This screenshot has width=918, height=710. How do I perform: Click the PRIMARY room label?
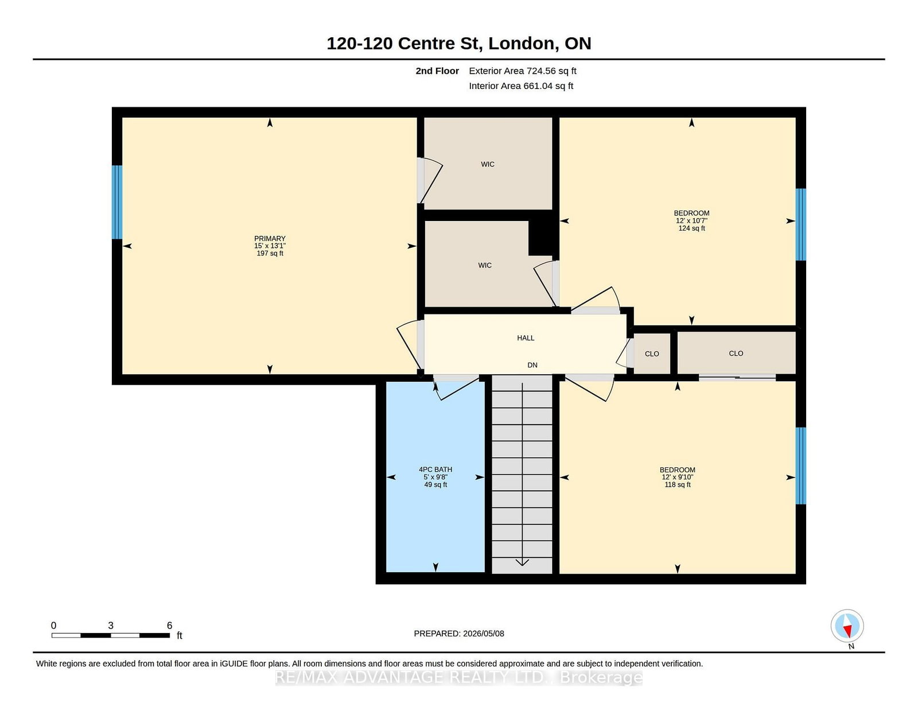pos(270,238)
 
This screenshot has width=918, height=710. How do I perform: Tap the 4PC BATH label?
pos(435,469)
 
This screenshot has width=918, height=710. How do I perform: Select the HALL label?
pos(526,337)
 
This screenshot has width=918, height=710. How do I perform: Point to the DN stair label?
pos(532,364)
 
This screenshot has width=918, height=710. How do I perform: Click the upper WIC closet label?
pos(488,164)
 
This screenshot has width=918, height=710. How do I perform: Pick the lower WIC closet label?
pos(485,265)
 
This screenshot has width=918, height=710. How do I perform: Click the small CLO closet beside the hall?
pos(652,354)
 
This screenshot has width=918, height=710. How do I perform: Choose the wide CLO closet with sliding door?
pos(736,354)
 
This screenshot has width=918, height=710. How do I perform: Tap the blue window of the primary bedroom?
pos(117,202)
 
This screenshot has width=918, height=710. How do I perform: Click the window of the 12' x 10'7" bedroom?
pos(800,224)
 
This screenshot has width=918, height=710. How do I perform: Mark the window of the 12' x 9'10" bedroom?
pos(800,465)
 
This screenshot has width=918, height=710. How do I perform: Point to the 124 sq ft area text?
pos(691,228)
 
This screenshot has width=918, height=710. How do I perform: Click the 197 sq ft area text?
pos(270,253)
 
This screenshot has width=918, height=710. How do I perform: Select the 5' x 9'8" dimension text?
pos(435,477)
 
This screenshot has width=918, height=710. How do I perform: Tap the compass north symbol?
pos(847,626)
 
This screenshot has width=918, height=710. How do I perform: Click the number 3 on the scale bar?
pos(111,626)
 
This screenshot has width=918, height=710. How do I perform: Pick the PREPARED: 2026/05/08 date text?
pos(459,634)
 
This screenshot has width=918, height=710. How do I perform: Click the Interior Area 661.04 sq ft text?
pos(521,86)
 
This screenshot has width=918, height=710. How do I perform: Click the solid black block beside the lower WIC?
pos(540,238)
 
